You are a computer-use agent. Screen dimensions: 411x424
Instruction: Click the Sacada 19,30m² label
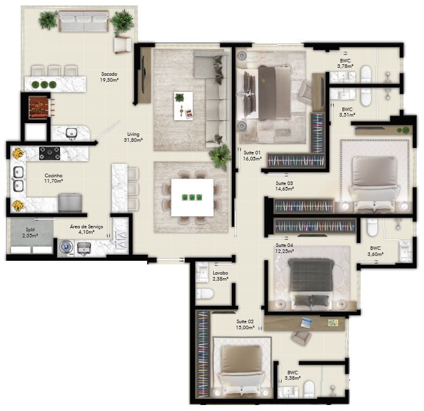coord(109,76)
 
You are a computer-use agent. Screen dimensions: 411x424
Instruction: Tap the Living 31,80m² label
coord(133,138)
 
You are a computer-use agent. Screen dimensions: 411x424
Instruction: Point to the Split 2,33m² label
coord(29,233)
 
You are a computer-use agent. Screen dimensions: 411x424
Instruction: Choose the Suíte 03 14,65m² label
coord(285,186)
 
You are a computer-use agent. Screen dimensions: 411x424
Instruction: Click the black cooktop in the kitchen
coord(49,153)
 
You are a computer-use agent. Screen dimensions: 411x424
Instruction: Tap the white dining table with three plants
coord(192,197)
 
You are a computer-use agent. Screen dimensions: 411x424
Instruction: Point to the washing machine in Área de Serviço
coord(65,246)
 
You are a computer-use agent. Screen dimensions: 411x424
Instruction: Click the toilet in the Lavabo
coord(205,294)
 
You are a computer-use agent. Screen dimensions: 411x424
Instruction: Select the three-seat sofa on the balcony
coord(83,23)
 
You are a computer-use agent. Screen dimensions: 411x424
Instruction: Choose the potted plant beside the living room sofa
coord(220,156)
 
